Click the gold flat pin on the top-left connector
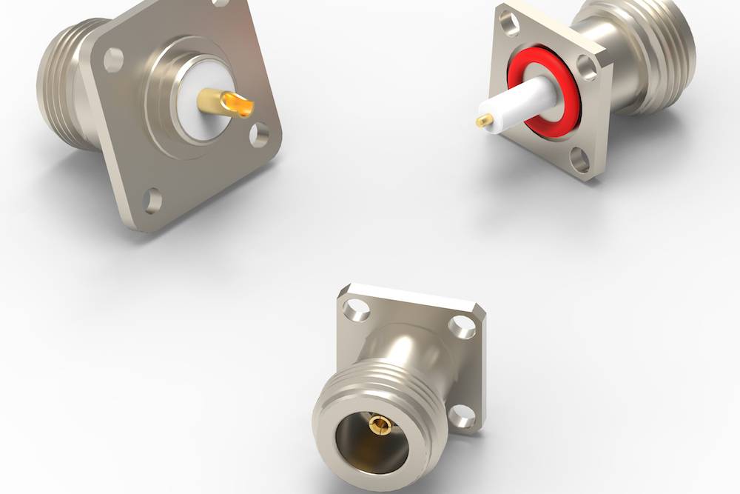226,101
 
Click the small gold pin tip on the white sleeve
485,120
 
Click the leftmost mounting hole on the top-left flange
113,59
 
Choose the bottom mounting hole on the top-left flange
152,200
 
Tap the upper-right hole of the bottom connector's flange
463,326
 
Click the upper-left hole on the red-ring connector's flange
510,24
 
